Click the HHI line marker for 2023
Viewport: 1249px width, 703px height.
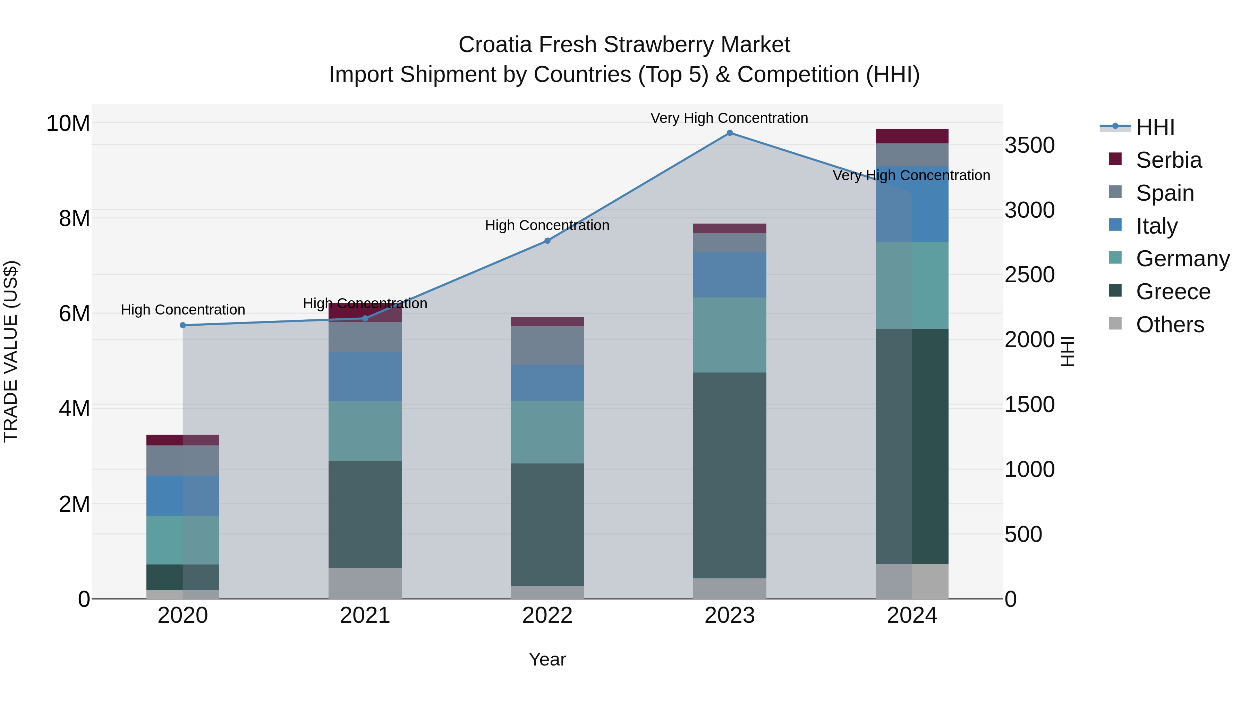(729, 133)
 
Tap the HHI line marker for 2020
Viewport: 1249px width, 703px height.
(183, 325)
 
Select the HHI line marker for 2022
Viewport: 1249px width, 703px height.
(547, 241)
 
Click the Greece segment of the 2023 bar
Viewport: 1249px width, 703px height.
(729, 476)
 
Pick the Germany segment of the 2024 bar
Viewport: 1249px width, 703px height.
(911, 285)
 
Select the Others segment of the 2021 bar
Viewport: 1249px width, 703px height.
(365, 583)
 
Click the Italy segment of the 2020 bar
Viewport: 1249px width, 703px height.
(183, 495)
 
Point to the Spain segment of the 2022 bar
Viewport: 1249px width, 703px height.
(547, 345)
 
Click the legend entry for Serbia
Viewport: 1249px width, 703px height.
(1169, 160)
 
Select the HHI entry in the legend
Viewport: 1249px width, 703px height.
(1155, 127)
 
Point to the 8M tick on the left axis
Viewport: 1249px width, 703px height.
(74, 218)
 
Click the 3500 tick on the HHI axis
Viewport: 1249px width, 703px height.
(1029, 145)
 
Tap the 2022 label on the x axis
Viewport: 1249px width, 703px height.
(547, 616)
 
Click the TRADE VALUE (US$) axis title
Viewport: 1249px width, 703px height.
(11, 351)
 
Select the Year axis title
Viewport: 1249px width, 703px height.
(547, 659)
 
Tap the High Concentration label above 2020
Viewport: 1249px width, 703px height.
(183, 310)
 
